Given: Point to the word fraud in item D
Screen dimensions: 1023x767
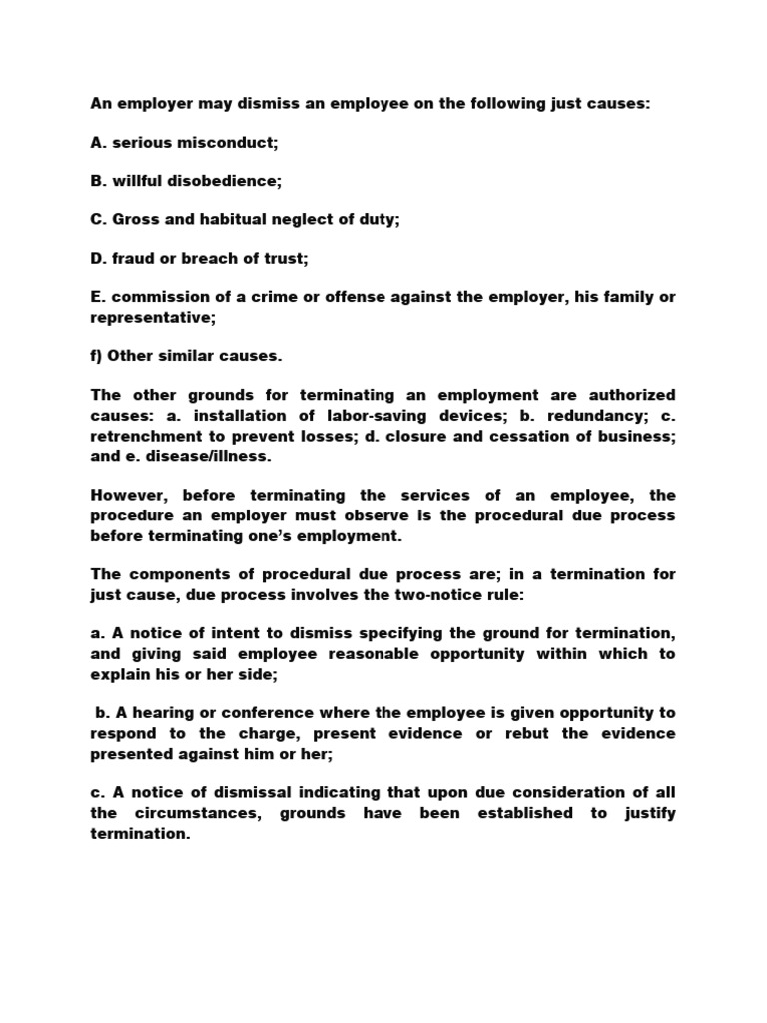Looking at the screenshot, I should coord(132,258).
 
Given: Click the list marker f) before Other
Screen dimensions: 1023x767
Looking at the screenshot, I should coord(98,354).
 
